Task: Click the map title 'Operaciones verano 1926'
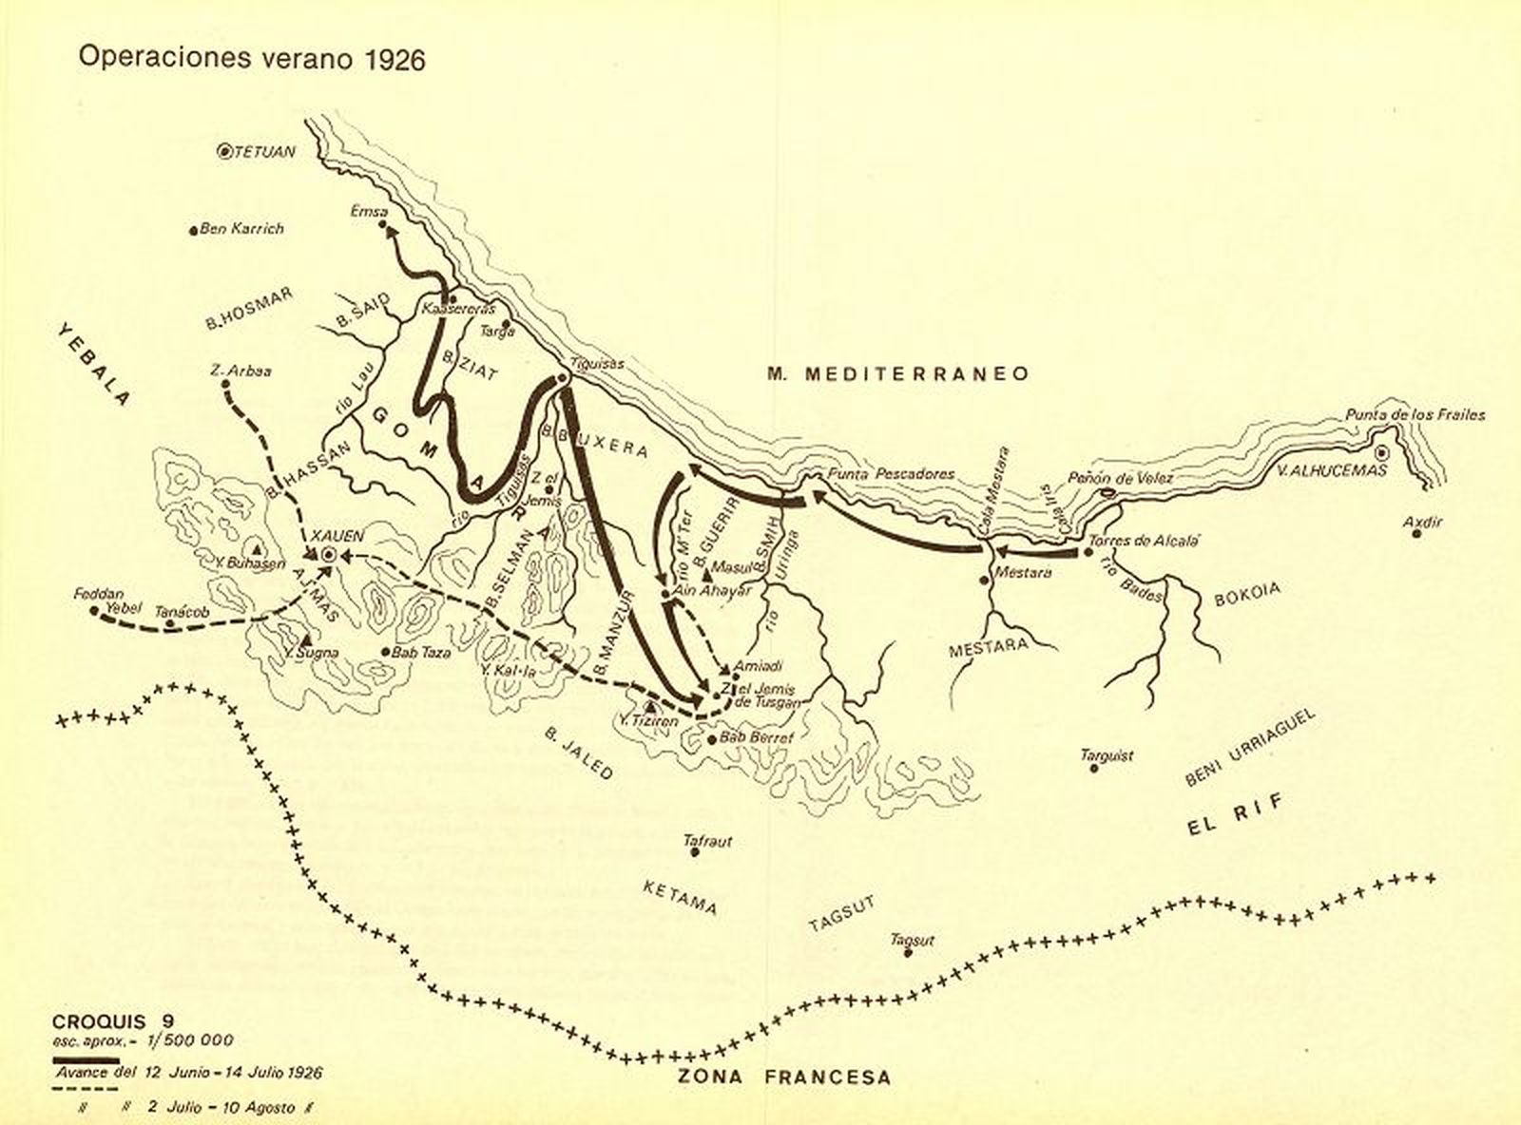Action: (x=252, y=59)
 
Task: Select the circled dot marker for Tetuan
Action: (x=225, y=151)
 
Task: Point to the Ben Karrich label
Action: (x=242, y=229)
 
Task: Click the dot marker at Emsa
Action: (x=384, y=226)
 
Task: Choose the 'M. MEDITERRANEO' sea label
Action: (x=898, y=373)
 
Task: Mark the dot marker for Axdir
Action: (x=1416, y=534)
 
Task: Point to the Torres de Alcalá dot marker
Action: (x=1088, y=551)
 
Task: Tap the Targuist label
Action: (x=1107, y=756)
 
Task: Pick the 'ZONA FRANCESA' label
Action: (x=784, y=1077)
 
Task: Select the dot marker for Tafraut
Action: (x=695, y=852)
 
